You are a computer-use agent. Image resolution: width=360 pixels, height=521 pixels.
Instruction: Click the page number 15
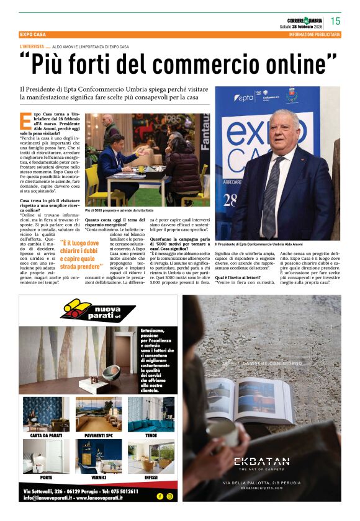click(x=335, y=20)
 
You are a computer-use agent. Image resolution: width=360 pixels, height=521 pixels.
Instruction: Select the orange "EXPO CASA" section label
click(x=35, y=35)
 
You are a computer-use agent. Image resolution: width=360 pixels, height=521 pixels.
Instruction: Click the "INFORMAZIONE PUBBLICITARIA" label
click(x=315, y=35)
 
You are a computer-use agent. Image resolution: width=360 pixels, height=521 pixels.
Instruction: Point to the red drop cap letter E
click(x=25, y=122)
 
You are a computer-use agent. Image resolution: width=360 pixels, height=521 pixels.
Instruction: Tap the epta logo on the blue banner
click(x=245, y=98)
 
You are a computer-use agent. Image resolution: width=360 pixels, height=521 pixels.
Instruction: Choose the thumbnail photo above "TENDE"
click(x=151, y=414)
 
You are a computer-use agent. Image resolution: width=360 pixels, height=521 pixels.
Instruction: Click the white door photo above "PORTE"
click(x=46, y=456)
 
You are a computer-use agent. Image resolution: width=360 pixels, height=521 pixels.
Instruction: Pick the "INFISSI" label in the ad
click(x=151, y=478)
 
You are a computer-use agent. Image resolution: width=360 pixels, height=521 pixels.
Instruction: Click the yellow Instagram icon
click(x=169, y=497)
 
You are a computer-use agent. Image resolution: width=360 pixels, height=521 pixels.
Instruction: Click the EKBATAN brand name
click(x=261, y=461)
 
